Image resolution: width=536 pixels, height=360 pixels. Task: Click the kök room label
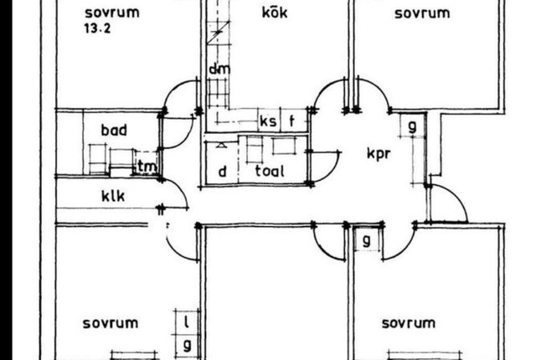point(275,13)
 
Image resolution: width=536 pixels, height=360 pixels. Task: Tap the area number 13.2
point(97,28)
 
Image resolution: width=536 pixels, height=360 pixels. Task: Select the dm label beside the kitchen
point(219,69)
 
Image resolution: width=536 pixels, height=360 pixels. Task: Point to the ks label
point(268,121)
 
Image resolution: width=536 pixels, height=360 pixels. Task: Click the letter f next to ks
point(291,121)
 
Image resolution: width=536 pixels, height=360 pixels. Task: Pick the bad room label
point(114,130)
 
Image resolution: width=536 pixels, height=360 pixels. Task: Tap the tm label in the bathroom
point(147,167)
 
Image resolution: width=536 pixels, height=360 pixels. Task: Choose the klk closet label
point(113,196)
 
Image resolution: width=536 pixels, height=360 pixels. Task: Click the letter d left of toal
point(223,171)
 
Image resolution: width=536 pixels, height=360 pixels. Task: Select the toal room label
point(270,171)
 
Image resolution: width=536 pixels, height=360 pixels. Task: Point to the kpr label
point(379,153)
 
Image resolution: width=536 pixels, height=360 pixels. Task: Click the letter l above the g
point(187,321)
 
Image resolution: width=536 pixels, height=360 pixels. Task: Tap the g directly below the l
point(187,346)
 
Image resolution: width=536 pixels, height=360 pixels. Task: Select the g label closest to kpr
point(413,126)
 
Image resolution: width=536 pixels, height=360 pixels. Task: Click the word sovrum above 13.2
point(112,13)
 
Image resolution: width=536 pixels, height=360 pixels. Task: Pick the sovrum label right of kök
point(422,13)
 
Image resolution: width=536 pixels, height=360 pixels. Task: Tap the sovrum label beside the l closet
point(111,323)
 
